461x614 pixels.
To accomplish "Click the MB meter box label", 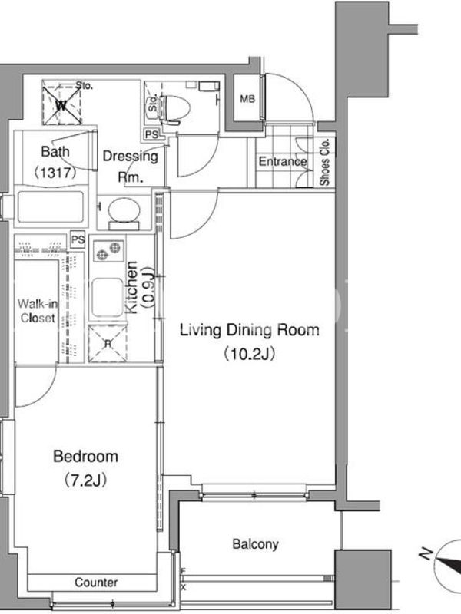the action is coord(247,99).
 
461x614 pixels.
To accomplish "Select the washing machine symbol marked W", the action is coord(61,102).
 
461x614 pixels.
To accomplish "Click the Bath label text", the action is coord(55,151).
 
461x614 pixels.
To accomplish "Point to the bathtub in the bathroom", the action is coord(50,206).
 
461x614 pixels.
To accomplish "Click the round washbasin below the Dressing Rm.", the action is coord(124,210).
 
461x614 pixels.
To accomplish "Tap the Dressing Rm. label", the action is coord(130,167).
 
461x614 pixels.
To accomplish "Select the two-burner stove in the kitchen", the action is coord(108,251).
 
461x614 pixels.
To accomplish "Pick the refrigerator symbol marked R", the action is coord(108,343).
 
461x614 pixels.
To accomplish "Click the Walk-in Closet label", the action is coord(38,311).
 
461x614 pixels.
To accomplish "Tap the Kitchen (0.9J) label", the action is coord(140,286).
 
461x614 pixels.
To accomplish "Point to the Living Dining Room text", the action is coord(249,330).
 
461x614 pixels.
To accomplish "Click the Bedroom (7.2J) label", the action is coord(85,467).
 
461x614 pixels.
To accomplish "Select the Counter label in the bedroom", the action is coord(96,583).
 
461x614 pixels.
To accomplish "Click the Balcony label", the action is coord(255,544).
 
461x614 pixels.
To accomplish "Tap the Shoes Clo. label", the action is coord(325,162).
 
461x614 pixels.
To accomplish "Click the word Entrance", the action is coord(283,161).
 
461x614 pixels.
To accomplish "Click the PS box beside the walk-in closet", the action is coord(78,239).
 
